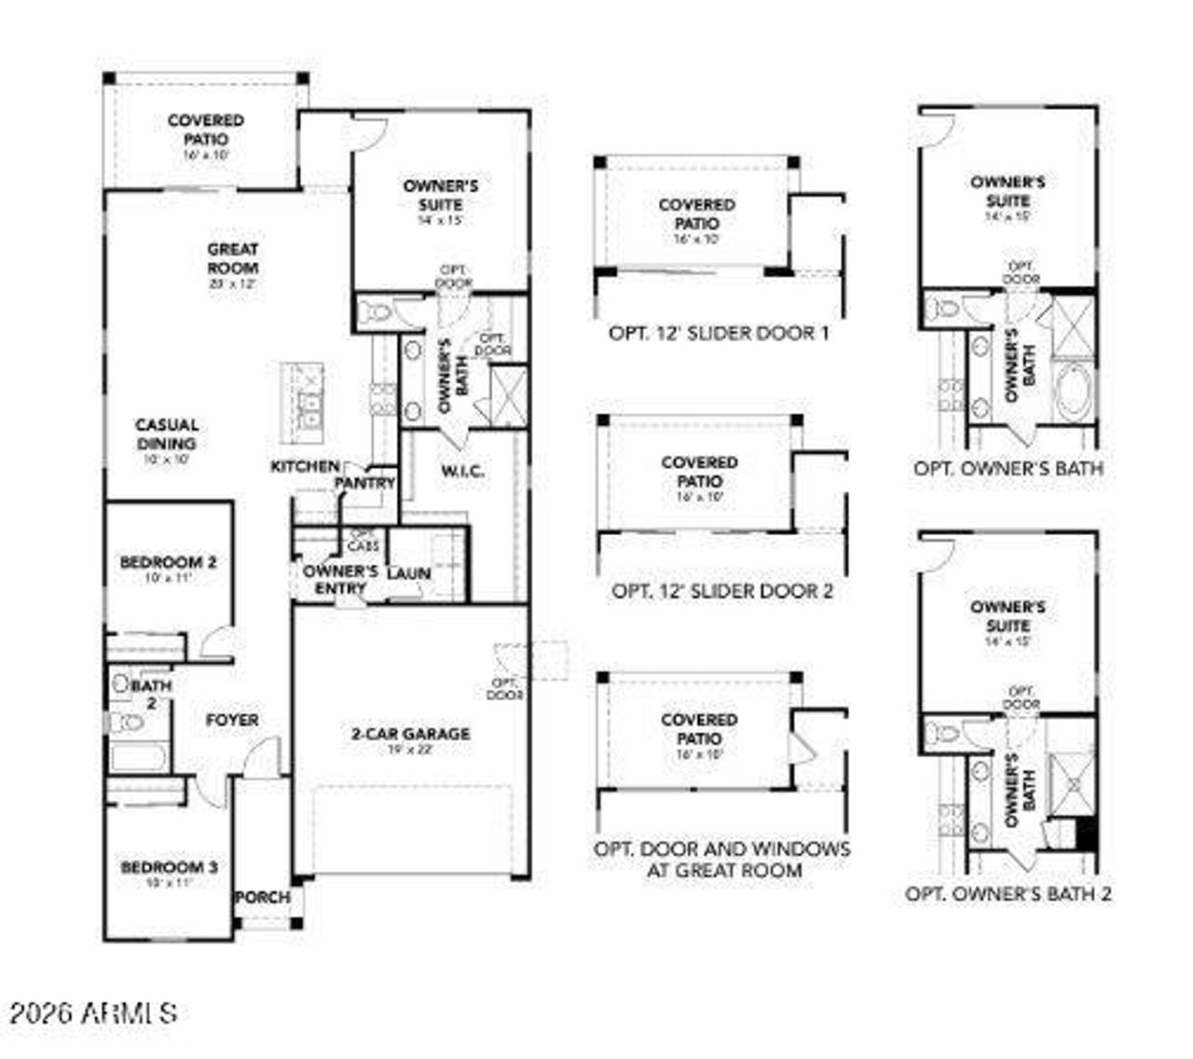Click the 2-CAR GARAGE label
(x=410, y=735)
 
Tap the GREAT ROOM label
(x=233, y=258)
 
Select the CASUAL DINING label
(x=167, y=434)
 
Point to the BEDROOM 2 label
(x=168, y=563)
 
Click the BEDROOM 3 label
(x=169, y=868)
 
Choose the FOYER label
(x=232, y=721)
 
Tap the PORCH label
(x=262, y=898)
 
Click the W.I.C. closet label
(x=461, y=472)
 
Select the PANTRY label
(x=364, y=483)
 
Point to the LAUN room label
(x=408, y=573)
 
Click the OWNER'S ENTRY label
(x=340, y=579)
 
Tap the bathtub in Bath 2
(x=139, y=756)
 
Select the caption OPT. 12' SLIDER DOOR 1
(x=718, y=333)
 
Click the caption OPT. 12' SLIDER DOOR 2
(x=722, y=591)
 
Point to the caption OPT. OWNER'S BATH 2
(x=1008, y=894)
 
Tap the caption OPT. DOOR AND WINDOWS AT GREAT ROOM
(x=722, y=860)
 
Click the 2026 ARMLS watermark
(x=93, y=1013)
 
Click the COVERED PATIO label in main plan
(x=206, y=130)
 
